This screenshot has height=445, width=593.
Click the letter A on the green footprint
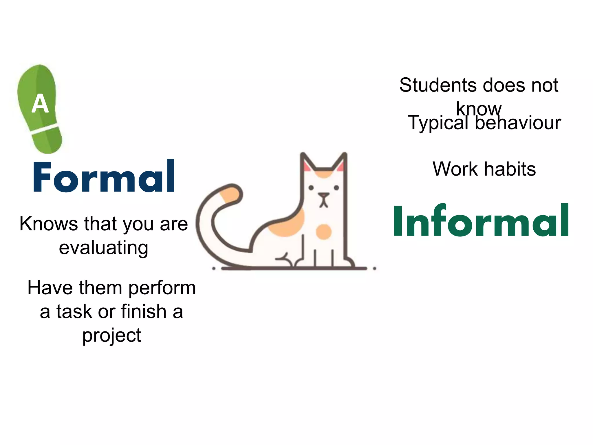pyautogui.click(x=40, y=103)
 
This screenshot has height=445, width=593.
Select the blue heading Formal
pyautogui.click(x=104, y=177)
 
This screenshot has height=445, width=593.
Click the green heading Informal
pyautogui.click(x=481, y=221)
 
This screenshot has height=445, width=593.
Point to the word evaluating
pyautogui.click(x=104, y=248)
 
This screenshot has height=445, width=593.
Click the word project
pyautogui.click(x=112, y=335)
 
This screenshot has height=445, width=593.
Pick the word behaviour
pyautogui.click(x=518, y=123)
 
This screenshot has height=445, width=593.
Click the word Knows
pyautogui.click(x=49, y=224)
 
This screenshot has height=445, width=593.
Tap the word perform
pyautogui.click(x=162, y=288)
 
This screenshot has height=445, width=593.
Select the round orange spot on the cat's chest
pyautogui.click(x=323, y=232)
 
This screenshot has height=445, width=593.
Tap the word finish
pyautogui.click(x=144, y=312)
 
